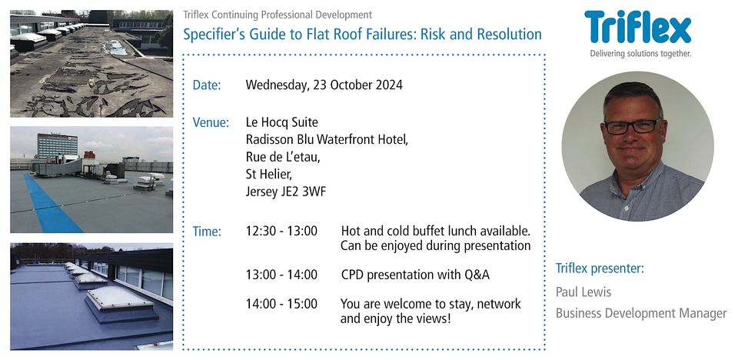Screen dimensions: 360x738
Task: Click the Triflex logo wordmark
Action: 637,28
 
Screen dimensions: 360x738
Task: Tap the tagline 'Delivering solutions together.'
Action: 640,54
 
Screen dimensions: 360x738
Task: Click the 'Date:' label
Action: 206,85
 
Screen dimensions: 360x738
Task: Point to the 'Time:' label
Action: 207,232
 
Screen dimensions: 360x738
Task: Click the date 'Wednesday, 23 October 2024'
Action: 324,85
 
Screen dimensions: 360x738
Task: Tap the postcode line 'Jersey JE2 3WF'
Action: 285,192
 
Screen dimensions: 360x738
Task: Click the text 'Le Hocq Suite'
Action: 281,123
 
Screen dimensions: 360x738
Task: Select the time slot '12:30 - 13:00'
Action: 281,232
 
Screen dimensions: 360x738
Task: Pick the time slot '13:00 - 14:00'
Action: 281,275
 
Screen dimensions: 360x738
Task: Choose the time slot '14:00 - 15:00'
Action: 281,304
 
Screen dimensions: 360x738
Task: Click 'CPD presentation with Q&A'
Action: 415,275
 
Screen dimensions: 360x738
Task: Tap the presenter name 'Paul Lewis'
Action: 583,292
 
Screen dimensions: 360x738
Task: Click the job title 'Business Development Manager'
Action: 640,313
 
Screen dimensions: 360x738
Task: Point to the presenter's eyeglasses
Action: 632,125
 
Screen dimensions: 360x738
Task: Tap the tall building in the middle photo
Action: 57,145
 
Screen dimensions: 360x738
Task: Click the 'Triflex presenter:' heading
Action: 600,268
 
